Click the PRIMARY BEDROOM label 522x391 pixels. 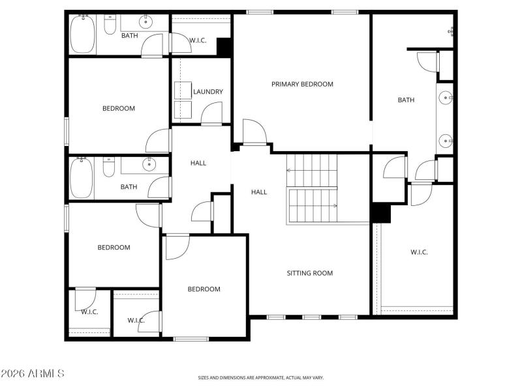click(302, 84)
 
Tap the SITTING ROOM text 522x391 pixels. click(309, 273)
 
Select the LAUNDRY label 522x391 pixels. click(208, 92)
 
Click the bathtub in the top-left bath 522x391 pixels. click(83, 34)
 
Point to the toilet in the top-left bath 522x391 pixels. click(110, 24)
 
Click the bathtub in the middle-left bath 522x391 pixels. click(82, 178)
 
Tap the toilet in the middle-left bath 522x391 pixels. click(109, 168)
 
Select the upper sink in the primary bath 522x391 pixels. click(446, 98)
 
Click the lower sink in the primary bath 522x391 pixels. click(446, 139)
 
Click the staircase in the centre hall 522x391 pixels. click(312, 189)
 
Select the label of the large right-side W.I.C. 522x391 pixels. click(419, 252)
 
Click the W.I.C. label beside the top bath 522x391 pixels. click(198, 40)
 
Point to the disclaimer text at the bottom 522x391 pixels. click(260, 377)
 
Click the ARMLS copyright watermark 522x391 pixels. click(33, 373)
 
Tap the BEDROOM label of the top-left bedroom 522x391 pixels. click(119, 108)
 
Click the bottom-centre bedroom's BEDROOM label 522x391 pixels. click(204, 289)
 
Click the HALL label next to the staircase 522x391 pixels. click(259, 192)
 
